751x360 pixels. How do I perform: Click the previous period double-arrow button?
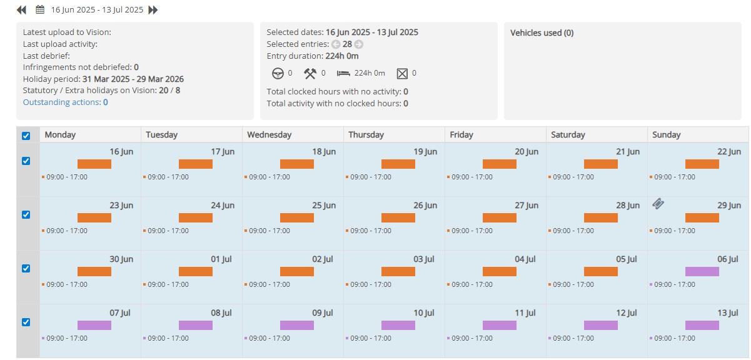coord(21,10)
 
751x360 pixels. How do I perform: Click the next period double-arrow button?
coord(153,10)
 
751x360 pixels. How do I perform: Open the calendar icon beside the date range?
coord(40,10)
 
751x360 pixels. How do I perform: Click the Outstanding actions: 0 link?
coord(66,102)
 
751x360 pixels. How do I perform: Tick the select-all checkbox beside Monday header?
coord(26,136)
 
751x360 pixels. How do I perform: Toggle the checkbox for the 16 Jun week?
coord(26,161)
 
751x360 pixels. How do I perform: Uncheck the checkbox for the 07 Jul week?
coord(26,322)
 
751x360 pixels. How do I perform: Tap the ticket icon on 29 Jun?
coord(658,204)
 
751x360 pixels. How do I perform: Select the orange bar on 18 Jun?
coord(297,164)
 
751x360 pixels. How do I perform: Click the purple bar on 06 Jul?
coord(702,271)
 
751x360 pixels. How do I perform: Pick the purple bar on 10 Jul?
coord(398,325)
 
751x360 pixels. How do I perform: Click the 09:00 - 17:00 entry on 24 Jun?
coord(168,231)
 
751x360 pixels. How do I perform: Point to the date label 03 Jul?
coord(424,259)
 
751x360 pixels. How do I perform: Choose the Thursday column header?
coord(366,135)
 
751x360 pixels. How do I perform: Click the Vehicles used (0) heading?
coord(542,33)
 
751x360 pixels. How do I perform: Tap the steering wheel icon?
coord(278,73)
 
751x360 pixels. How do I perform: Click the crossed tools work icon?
coord(310,73)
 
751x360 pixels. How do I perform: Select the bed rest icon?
coord(343,73)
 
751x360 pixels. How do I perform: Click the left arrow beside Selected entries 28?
coord(336,44)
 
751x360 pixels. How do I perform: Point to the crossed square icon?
coord(402,73)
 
